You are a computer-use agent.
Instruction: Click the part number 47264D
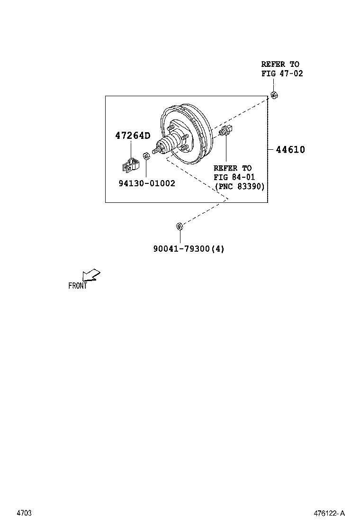point(133,136)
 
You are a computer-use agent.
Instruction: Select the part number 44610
point(290,150)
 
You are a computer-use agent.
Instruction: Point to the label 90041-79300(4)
point(189,248)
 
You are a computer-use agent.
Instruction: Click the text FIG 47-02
point(282,73)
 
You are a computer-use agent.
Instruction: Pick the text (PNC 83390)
point(239,187)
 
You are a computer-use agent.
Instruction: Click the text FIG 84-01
point(234,177)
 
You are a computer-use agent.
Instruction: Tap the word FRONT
point(78,286)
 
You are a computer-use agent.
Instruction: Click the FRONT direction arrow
point(90,275)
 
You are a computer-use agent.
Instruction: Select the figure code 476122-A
point(329,513)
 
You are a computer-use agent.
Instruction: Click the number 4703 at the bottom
point(24,513)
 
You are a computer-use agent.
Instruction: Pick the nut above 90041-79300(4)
point(179,226)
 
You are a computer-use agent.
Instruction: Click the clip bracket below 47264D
point(128,165)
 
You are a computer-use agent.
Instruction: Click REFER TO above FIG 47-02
point(280,64)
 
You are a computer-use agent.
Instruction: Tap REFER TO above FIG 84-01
point(233,168)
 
